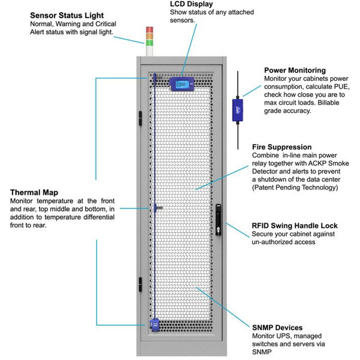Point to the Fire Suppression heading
[281, 146]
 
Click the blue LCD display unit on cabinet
[181, 83]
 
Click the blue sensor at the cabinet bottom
[155, 325]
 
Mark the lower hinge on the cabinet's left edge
[139, 283]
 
